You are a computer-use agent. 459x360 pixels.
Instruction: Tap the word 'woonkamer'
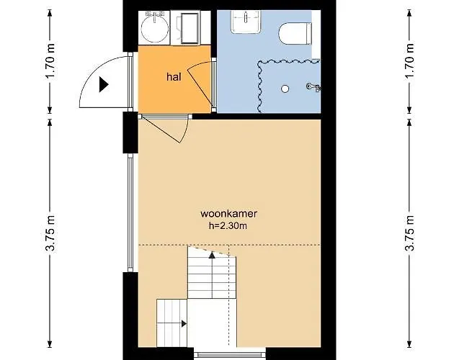point(230,214)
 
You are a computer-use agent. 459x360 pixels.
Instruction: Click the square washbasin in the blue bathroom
point(245,23)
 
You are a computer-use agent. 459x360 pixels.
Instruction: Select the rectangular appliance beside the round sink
point(192,28)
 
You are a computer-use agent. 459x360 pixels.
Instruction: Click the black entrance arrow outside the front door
point(104,84)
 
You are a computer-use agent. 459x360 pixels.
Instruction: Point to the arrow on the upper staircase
point(211,253)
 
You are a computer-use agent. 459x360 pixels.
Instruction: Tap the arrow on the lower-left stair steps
point(184,324)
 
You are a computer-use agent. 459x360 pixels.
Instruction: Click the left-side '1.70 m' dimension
point(49,62)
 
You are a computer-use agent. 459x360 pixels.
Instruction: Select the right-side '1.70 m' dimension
point(409,62)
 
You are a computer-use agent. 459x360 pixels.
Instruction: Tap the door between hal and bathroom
point(205,83)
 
